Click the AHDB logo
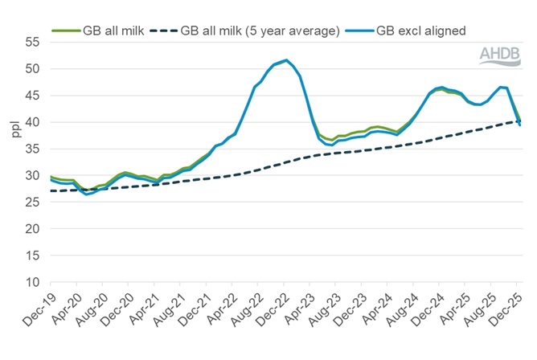(501, 55)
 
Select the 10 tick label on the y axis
(33, 282)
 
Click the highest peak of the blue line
(286, 60)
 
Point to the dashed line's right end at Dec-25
(519, 121)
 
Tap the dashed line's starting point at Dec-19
(51, 191)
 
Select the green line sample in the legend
(66, 31)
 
